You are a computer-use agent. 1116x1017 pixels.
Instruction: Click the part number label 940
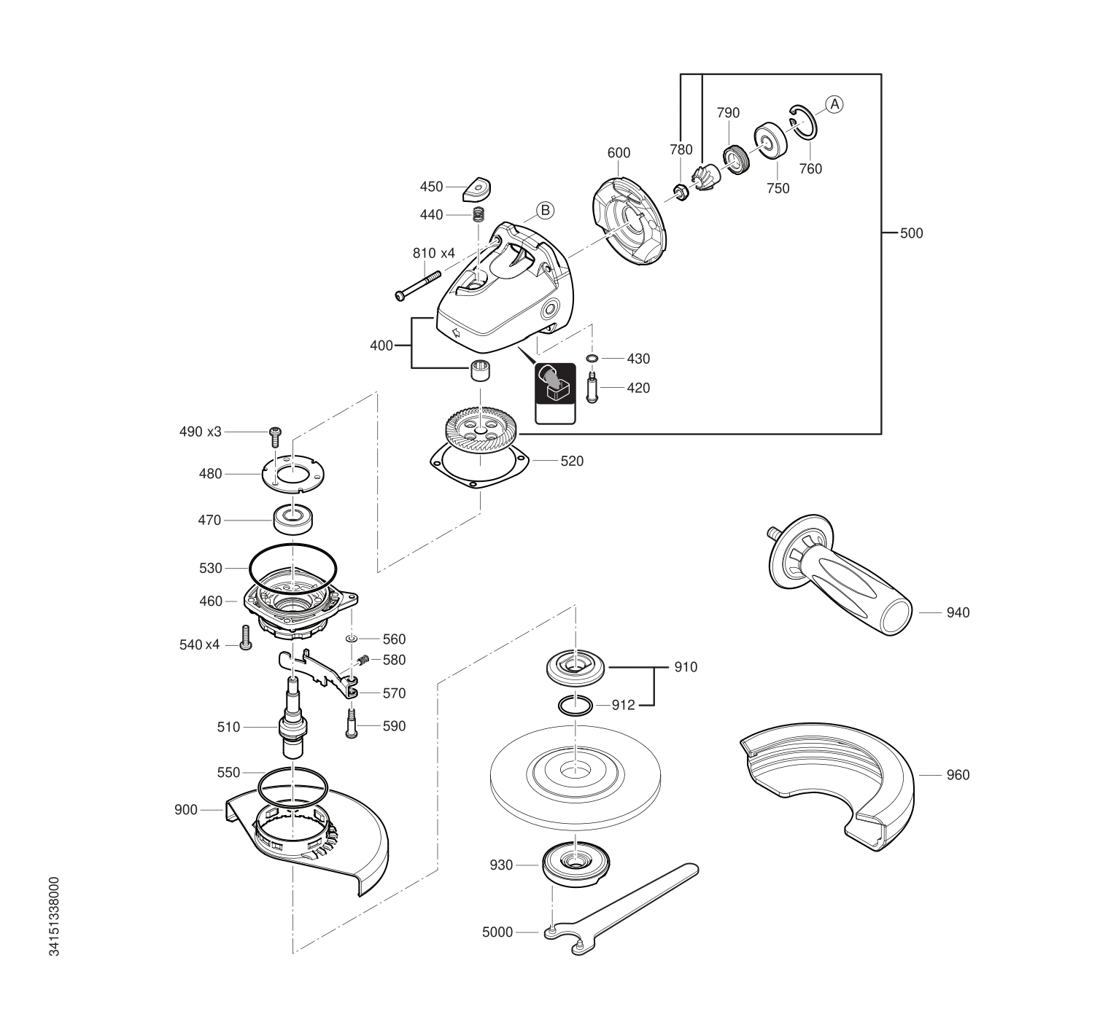[x=958, y=613]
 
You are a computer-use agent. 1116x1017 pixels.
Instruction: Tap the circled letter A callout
[x=834, y=104]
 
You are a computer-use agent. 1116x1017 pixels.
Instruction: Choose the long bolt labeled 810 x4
[x=418, y=286]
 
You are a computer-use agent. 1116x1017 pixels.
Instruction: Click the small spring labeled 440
[x=478, y=214]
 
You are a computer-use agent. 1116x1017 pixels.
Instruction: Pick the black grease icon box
[x=555, y=383]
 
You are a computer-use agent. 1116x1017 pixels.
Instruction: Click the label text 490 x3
[x=200, y=432]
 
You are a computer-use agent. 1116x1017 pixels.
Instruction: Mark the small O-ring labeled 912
[x=576, y=706]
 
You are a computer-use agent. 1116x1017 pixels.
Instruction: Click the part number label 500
[x=911, y=234]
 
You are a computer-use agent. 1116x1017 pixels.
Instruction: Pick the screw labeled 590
[x=352, y=726]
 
